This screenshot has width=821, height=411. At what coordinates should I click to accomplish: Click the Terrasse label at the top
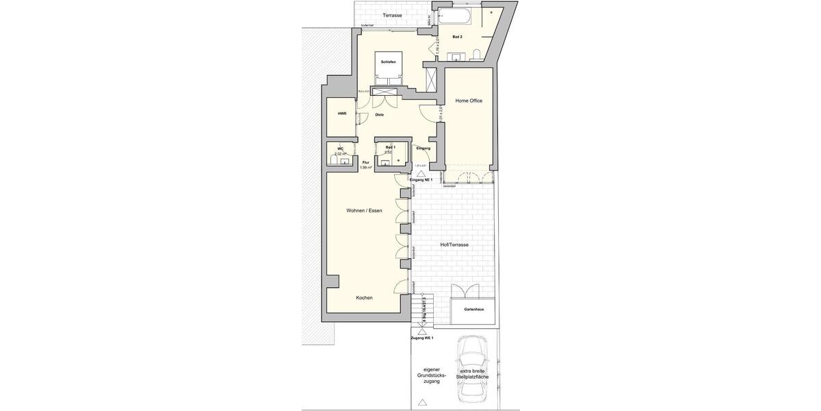click(392, 15)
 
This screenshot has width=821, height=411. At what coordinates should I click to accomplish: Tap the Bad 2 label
click(457, 37)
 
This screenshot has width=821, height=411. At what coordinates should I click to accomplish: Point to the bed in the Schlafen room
click(389, 68)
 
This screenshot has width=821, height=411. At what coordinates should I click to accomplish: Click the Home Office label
click(469, 101)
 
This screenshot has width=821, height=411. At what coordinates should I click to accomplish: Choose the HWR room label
click(341, 113)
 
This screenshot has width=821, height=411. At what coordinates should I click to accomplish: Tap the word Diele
click(379, 115)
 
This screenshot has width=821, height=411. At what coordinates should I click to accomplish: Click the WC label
click(340, 149)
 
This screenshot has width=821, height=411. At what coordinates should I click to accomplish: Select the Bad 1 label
click(391, 147)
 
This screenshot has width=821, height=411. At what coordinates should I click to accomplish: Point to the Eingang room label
click(423, 148)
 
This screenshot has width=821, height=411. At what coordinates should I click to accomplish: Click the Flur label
click(365, 162)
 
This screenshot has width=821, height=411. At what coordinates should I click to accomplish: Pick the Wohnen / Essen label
click(365, 210)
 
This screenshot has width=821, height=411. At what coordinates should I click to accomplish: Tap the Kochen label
click(364, 298)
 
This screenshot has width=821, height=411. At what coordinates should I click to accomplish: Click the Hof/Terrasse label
click(454, 245)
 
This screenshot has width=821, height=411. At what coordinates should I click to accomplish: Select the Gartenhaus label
click(473, 310)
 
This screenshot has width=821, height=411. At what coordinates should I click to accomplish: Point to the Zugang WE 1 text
click(421, 338)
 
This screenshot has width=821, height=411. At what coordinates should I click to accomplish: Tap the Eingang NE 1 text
click(421, 179)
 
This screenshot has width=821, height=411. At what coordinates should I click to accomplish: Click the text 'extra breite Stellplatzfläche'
click(475, 374)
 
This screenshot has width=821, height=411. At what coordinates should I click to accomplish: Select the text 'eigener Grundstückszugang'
click(432, 375)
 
